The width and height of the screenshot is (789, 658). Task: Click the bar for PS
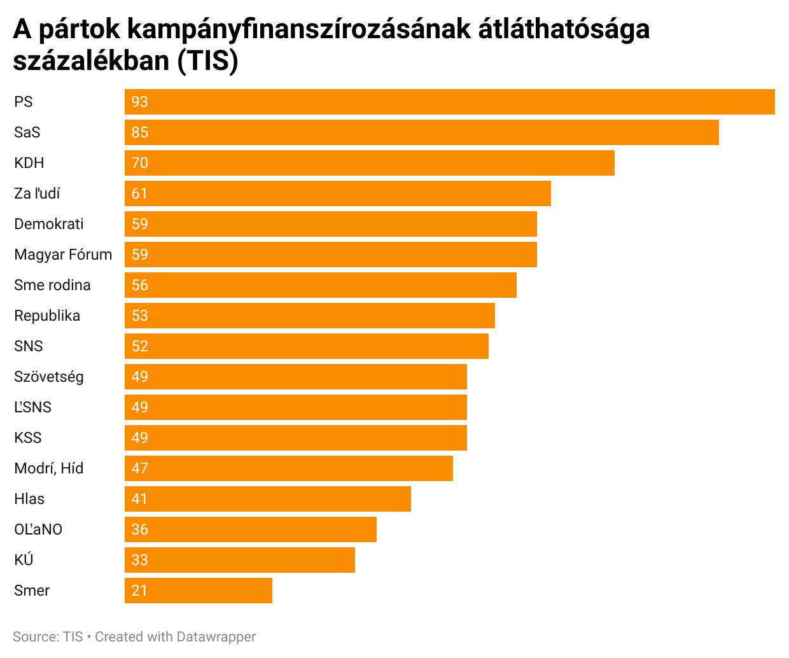pos(449,102)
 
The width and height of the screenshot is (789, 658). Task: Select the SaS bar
pos(421,132)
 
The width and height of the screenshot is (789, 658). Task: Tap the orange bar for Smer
pos(199,591)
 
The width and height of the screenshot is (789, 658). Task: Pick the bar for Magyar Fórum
pos(331,255)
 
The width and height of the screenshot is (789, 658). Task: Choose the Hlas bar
pos(268,499)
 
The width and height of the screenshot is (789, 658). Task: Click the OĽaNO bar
pos(251,529)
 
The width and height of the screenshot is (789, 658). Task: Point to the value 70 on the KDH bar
pos(139,163)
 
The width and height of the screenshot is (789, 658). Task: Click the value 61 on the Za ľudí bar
pos(139,193)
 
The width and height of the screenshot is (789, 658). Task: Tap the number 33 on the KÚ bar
pos(139,560)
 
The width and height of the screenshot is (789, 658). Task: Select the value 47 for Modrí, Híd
pos(139,468)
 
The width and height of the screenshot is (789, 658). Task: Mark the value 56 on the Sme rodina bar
pos(139,285)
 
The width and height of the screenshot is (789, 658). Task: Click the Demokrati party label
pos(49,224)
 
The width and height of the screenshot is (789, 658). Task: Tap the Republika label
pos(47,316)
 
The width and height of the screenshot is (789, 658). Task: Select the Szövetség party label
pos(49,377)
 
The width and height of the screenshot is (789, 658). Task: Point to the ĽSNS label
pos(32,407)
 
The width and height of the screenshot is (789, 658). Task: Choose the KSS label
pos(28,438)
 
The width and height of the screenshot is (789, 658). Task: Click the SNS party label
pos(29,346)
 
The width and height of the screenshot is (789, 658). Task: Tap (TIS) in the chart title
pos(207,61)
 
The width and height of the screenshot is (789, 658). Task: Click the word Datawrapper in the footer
pos(216,636)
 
